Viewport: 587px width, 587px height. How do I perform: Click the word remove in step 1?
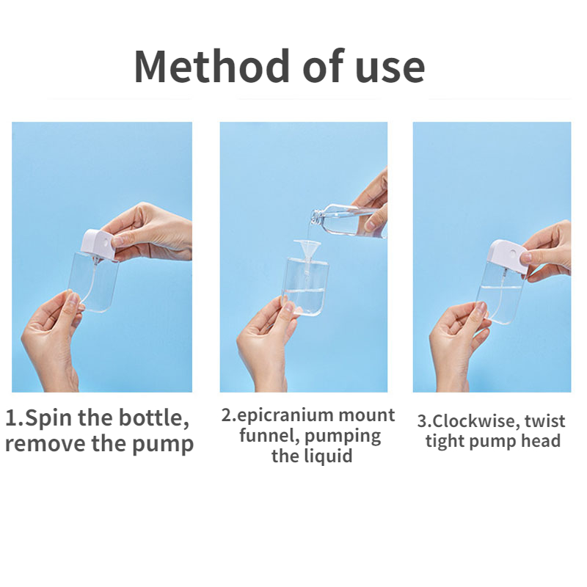coord(45,445)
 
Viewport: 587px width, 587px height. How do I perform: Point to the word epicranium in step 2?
coord(285,415)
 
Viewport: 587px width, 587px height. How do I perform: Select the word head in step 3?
coord(542,441)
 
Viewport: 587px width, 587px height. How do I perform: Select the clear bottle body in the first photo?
coord(94,282)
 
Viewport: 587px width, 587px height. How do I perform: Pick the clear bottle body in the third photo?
coord(500,292)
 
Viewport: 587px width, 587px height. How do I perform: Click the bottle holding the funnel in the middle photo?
coord(305,286)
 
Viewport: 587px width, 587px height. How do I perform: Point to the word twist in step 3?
coord(544,421)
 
